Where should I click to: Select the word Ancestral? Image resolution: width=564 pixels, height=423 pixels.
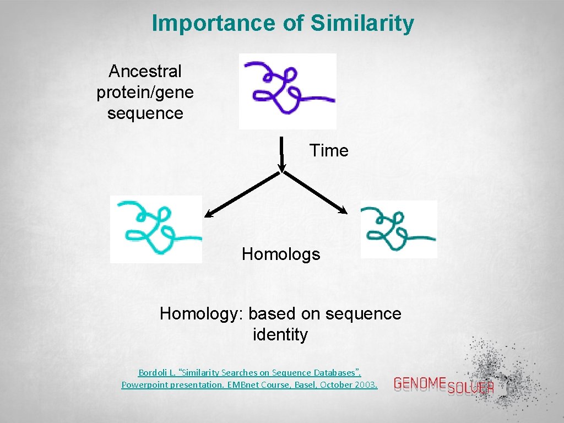point(145,71)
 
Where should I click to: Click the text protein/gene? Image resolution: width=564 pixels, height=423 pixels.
point(145,92)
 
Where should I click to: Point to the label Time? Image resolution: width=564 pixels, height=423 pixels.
point(329,150)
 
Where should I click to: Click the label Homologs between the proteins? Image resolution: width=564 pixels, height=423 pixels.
point(281,254)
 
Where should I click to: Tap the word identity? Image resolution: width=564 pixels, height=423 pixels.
point(280,334)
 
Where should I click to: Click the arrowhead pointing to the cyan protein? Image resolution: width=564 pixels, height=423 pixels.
point(209,214)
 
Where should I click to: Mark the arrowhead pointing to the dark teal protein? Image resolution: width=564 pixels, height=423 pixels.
point(343,210)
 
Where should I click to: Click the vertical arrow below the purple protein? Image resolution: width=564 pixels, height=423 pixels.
point(281,154)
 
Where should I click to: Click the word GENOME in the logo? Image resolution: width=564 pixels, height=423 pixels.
point(420,382)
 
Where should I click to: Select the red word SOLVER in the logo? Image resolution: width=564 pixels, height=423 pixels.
point(470,387)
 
